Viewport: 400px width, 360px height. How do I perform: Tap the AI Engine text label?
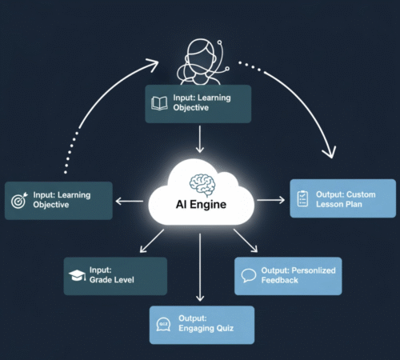(200, 204)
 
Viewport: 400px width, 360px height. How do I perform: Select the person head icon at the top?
(199, 58)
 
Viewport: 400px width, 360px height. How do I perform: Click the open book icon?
(160, 103)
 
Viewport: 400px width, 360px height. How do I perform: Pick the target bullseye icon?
(19, 199)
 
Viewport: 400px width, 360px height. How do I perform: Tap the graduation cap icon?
(77, 276)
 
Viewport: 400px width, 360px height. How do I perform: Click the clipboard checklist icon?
(302, 198)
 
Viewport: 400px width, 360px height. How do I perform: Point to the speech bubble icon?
(249, 276)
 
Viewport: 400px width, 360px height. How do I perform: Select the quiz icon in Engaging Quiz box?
(164, 324)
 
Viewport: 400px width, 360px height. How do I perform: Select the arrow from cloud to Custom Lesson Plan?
(271, 198)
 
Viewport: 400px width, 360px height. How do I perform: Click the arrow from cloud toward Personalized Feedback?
(244, 240)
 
